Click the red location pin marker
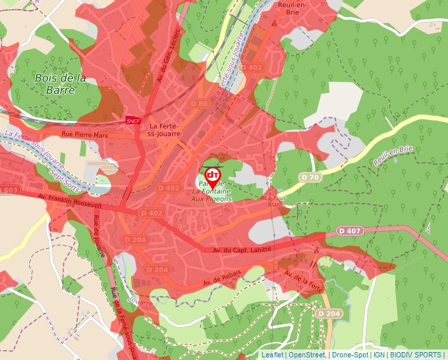(x=213, y=176)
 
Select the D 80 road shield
(x=198, y=103)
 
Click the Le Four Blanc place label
(x=273, y=200)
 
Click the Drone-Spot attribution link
(x=349, y=355)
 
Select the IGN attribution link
(x=379, y=355)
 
